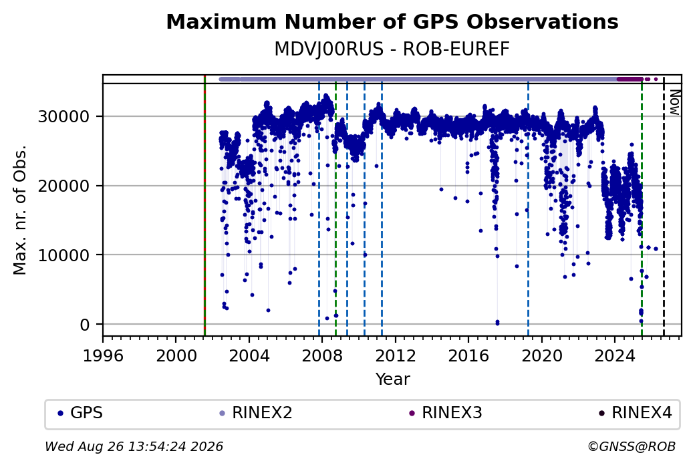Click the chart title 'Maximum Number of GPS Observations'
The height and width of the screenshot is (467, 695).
(x=392, y=21)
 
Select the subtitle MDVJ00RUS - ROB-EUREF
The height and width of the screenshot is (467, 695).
(x=392, y=49)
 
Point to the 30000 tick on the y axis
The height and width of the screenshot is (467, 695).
(x=64, y=116)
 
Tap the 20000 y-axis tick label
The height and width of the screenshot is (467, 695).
(x=64, y=186)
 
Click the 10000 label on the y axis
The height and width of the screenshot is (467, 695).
(x=64, y=255)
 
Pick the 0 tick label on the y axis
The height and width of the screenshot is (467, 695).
(x=85, y=325)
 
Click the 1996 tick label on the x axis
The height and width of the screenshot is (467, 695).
(x=103, y=356)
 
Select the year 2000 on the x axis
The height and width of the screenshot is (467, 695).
(x=176, y=356)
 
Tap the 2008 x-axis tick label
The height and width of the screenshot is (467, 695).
(x=322, y=356)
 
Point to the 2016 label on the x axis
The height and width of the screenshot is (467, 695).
(x=468, y=356)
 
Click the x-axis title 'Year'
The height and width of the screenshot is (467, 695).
(x=393, y=379)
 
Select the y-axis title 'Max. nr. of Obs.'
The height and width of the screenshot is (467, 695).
(x=20, y=210)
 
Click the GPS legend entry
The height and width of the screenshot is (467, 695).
(x=81, y=413)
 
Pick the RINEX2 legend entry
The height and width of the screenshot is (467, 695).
(x=256, y=413)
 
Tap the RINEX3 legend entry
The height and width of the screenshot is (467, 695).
(x=446, y=413)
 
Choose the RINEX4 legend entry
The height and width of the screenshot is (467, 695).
(x=636, y=413)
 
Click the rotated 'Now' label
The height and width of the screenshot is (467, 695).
(x=674, y=102)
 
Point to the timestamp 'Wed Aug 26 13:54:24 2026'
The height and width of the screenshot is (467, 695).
(x=134, y=446)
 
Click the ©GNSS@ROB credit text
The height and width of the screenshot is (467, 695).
(x=632, y=446)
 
